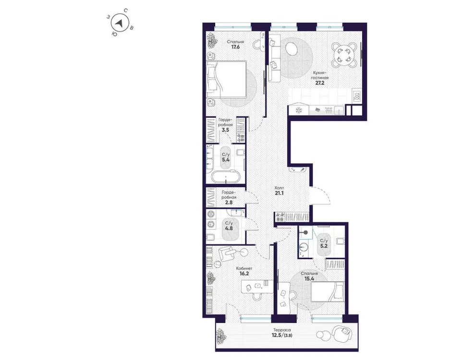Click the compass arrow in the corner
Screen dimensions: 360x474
[121, 22]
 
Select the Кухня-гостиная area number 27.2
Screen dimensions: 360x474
[319, 82]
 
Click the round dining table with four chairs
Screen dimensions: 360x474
[344, 54]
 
